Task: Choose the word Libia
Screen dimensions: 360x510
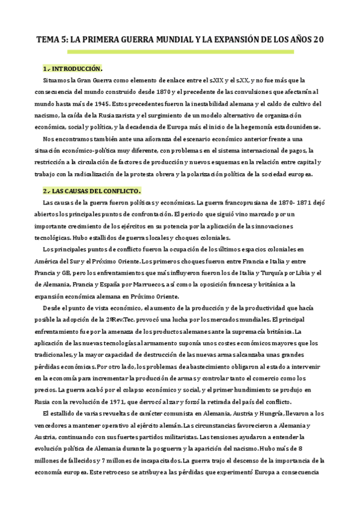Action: point(291,273)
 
